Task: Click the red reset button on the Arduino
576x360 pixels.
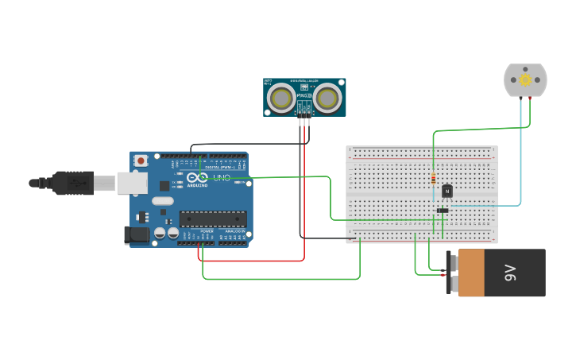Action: [141, 161]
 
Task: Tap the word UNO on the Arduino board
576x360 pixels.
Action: [222, 177]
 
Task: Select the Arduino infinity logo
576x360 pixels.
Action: [198, 177]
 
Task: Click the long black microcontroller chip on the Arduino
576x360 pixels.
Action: [212, 219]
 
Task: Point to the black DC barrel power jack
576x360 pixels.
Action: [137, 234]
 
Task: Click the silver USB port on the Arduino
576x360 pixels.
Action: [132, 183]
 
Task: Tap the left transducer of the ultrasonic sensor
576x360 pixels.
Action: [280, 98]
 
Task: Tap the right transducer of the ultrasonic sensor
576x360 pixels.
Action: [327, 98]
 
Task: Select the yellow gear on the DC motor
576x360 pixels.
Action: [525, 80]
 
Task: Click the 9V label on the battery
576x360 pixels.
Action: [510, 273]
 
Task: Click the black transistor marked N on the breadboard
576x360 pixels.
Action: [446, 191]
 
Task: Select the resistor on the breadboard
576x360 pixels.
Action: [433, 178]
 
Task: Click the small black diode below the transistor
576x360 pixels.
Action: [443, 210]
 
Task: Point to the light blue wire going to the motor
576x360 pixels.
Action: [521, 159]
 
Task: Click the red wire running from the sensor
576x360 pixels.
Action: [303, 199]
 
